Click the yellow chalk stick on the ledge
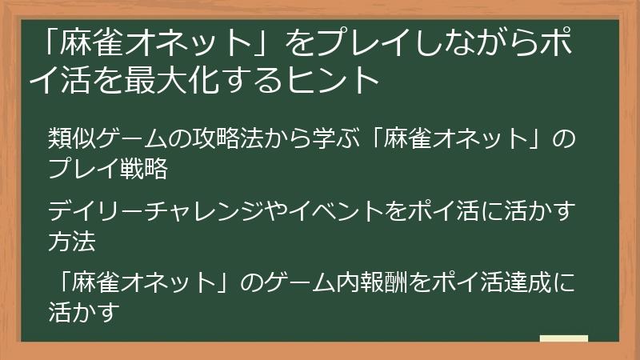tap(564, 338)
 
